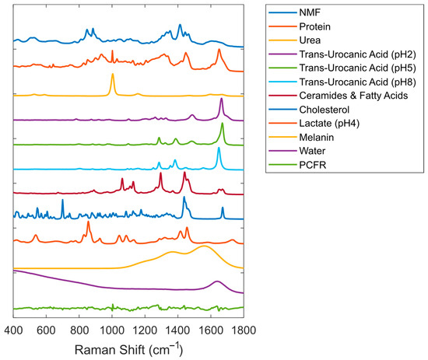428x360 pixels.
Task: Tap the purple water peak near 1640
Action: pos(217,281)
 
